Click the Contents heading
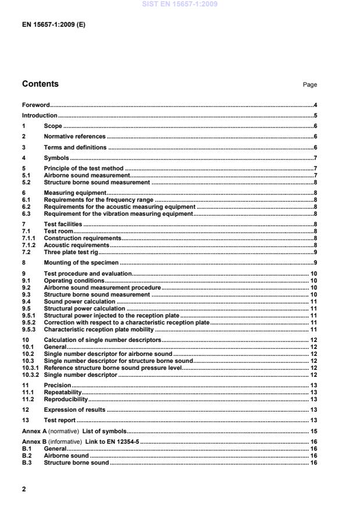click(x=40, y=84)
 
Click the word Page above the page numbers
click(x=309, y=85)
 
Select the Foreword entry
click(x=35, y=105)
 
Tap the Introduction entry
click(x=39, y=115)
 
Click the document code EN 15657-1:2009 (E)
click(x=54, y=26)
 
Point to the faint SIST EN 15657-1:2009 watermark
click(x=180, y=4)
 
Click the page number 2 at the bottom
click(x=24, y=489)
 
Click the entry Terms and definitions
click(x=75, y=147)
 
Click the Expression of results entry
click(x=74, y=409)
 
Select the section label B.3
click(x=26, y=462)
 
